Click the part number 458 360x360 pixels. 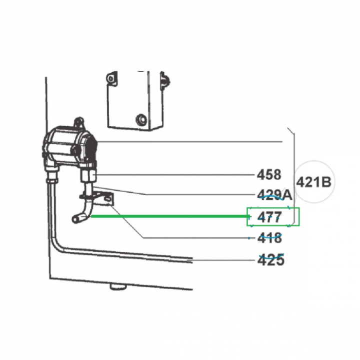coord(269,174)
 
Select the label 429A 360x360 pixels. coord(274,195)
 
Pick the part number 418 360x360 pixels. coord(269,238)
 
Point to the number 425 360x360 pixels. coord(271,260)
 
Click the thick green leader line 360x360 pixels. coord(170,216)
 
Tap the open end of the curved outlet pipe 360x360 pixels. coord(74,219)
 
